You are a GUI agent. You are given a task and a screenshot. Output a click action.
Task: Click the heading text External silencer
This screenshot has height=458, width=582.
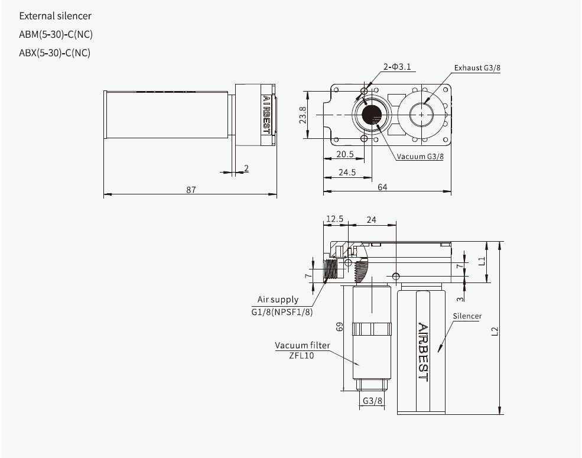(x=56, y=16)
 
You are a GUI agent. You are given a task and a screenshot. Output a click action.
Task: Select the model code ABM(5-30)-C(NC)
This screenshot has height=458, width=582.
(x=56, y=34)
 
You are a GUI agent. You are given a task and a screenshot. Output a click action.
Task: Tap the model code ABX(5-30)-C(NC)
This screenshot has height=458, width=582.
(x=55, y=53)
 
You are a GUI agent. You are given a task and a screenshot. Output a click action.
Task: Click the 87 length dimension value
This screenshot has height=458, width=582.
(x=191, y=189)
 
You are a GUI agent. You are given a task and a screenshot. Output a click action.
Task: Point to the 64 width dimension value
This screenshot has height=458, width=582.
(x=383, y=187)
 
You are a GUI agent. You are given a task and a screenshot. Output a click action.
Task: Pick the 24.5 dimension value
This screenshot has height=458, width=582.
(x=347, y=173)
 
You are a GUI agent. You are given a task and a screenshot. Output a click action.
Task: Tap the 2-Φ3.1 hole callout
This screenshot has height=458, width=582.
(x=397, y=67)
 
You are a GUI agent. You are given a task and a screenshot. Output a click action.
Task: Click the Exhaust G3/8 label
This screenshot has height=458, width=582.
(x=477, y=68)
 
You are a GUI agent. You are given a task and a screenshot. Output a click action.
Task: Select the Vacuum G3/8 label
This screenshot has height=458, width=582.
(x=420, y=157)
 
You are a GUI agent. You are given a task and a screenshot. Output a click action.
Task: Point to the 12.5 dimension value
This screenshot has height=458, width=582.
(x=334, y=219)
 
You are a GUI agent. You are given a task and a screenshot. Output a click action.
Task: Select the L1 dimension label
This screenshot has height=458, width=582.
(x=482, y=260)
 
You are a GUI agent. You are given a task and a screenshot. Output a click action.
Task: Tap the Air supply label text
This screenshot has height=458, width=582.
(x=278, y=300)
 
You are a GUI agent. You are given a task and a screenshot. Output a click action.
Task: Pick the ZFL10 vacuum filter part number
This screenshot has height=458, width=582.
(x=301, y=356)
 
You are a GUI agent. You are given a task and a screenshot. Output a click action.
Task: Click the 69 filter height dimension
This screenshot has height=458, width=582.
(x=339, y=327)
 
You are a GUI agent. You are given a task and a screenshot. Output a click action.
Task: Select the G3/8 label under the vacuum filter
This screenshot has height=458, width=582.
(x=372, y=401)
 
